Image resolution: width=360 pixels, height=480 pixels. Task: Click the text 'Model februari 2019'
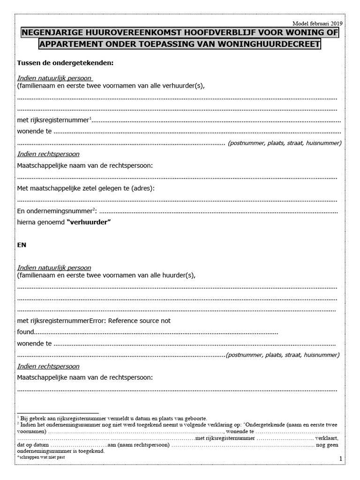click(317, 23)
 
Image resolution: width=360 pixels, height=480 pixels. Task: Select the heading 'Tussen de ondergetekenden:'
click(66, 63)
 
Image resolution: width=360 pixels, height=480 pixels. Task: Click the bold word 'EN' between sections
click(22, 245)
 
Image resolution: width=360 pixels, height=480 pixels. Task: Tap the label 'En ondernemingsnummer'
click(55, 211)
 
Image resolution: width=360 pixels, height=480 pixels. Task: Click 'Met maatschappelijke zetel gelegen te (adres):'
click(86, 188)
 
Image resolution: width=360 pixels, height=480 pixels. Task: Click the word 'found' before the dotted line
click(26, 332)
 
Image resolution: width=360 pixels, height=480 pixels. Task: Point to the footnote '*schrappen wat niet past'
click(41, 457)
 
